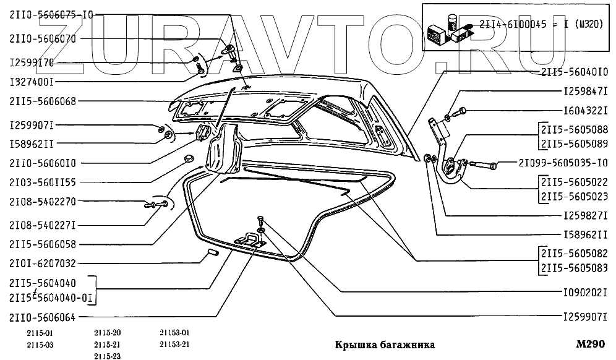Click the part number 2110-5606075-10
tap(51, 15)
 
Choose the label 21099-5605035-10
tap(567, 163)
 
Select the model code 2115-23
tap(107, 355)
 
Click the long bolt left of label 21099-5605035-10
tap(483, 165)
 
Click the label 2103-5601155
tap(43, 182)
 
